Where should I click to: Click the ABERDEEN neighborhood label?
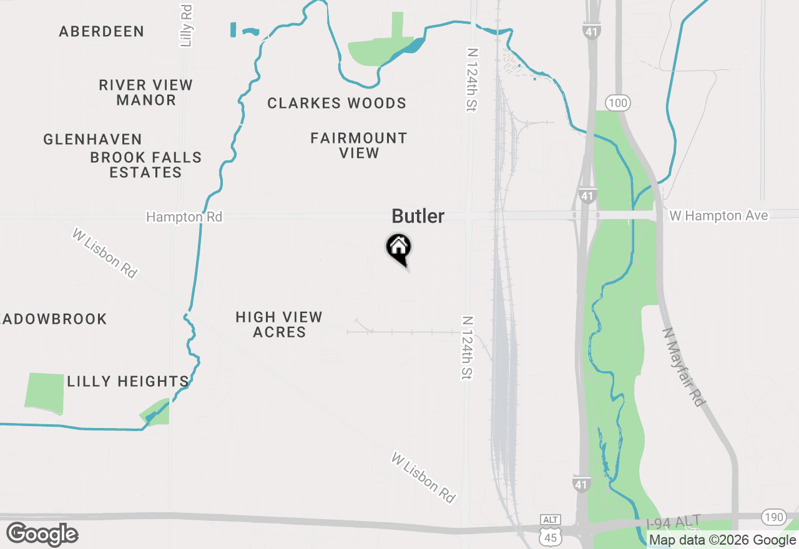tap(102, 31)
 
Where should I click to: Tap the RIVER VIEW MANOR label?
tap(146, 92)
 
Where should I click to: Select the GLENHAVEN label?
tap(93, 139)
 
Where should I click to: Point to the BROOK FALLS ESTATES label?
tap(146, 165)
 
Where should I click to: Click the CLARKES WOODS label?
tap(337, 103)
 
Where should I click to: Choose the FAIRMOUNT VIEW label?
tap(359, 145)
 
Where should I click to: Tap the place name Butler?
tap(418, 216)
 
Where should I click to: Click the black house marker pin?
tap(398, 248)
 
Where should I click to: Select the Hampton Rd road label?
tap(184, 217)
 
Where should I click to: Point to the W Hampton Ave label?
tap(718, 216)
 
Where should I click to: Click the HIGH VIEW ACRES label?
tap(279, 324)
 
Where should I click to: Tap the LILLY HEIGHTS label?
tap(128, 381)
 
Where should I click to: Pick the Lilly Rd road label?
tap(186, 26)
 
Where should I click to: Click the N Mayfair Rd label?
tap(684, 367)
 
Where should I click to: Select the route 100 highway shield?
tap(617, 103)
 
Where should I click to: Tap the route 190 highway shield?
tap(773, 517)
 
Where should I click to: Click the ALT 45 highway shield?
tap(551, 528)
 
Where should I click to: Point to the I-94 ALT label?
tap(674, 522)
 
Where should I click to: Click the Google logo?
tap(42, 535)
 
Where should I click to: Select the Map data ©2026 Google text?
tap(722, 540)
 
